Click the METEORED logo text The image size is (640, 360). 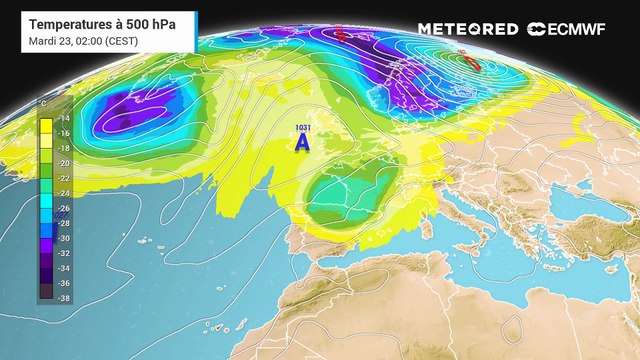[x=468, y=29]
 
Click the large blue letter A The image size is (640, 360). [x=302, y=144]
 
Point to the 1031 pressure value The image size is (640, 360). [x=303, y=127]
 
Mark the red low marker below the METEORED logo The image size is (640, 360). [x=474, y=62]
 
